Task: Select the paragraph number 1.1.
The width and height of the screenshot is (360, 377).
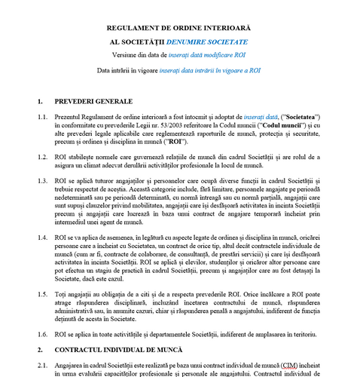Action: tap(43, 118)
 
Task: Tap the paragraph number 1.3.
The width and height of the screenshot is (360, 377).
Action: tap(43, 182)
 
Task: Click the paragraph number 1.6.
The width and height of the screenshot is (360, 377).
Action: tap(43, 333)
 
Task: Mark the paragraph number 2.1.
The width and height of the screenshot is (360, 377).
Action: tap(43, 363)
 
